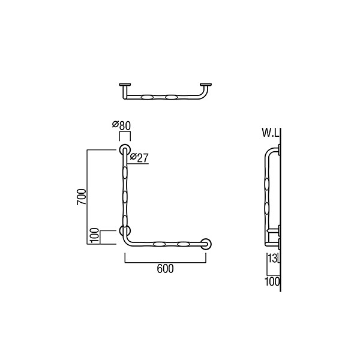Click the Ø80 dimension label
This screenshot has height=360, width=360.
click(121, 125)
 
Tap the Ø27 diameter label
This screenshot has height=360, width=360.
click(139, 157)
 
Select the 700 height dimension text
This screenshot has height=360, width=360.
click(82, 197)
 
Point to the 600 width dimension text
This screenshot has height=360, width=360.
click(166, 269)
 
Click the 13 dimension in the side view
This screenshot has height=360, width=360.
click(272, 258)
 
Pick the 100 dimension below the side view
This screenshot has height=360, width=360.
click(272, 281)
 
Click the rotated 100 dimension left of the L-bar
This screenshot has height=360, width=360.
click(95, 235)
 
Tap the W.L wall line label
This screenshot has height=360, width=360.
click(271, 133)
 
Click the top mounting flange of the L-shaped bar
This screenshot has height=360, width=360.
click(125, 150)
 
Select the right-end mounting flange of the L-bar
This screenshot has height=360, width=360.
click(206, 244)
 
